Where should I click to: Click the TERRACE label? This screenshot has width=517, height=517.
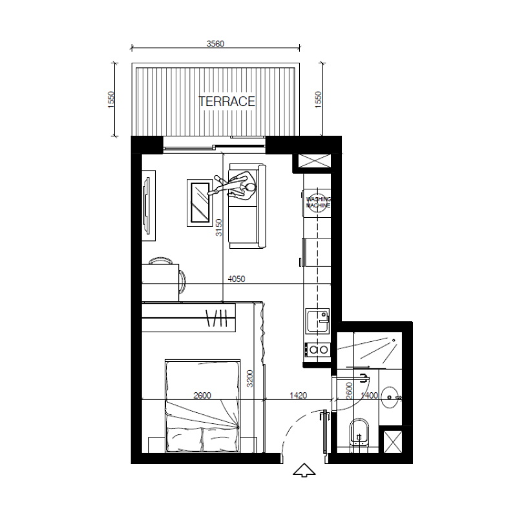click(x=227, y=101)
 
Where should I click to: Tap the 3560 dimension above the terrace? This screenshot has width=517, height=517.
click(x=215, y=43)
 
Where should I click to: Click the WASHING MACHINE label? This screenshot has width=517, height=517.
click(x=318, y=202)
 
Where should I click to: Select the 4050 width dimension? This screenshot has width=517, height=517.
click(x=237, y=279)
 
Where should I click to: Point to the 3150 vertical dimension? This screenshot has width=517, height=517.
click(x=219, y=227)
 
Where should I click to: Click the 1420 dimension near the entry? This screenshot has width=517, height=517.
click(x=298, y=395)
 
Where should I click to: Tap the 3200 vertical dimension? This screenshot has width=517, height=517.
click(x=250, y=379)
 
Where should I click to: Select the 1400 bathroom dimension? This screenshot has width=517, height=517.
click(x=369, y=395)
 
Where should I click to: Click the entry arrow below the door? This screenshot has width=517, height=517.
click(x=304, y=470)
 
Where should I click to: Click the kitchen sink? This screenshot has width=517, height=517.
click(x=318, y=321)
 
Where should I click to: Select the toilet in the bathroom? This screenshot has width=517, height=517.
click(x=359, y=432)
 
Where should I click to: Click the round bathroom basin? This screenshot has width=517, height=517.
click(x=391, y=397)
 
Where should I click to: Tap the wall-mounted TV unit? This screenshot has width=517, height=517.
click(x=148, y=206)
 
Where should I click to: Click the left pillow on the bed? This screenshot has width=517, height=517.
click(x=184, y=438)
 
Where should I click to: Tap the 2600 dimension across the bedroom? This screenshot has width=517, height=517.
click(x=202, y=395)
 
